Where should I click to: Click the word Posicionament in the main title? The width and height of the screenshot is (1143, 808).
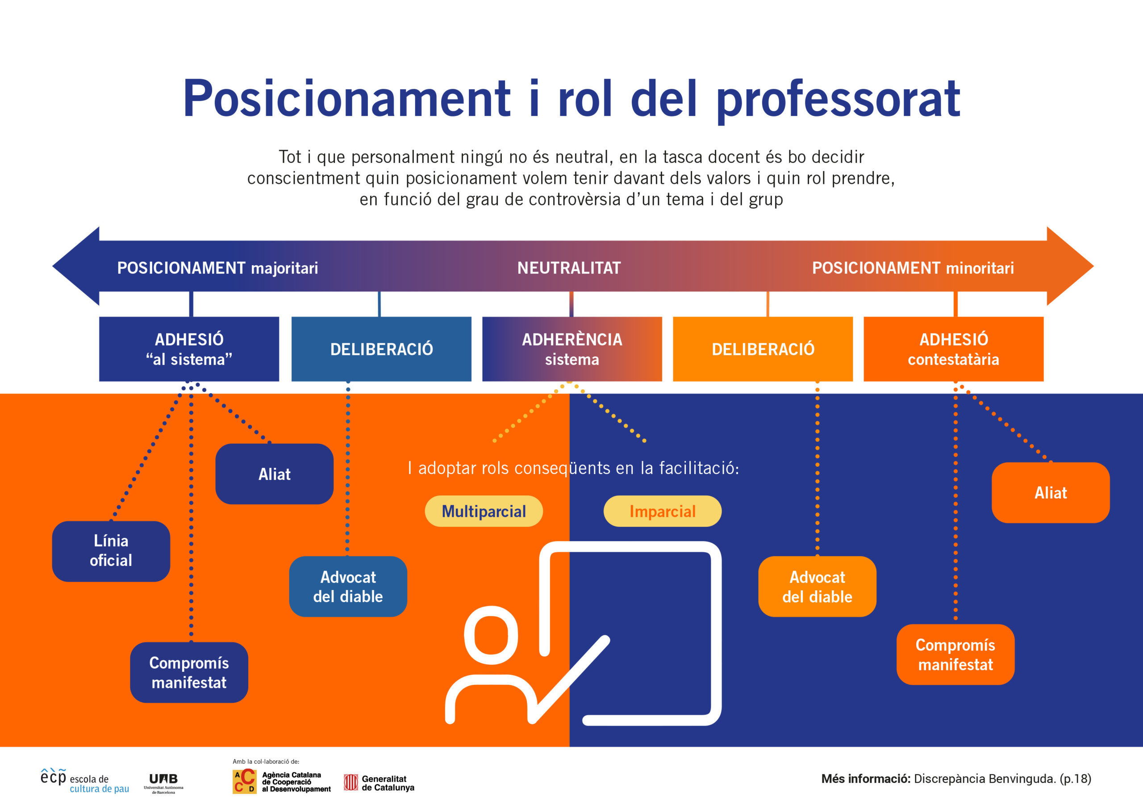click(346, 99)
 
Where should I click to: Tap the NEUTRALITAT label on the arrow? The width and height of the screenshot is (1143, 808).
click(569, 268)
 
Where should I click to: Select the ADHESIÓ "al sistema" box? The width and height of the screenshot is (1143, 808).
click(189, 349)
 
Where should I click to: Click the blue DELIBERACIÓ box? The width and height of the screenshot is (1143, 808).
click(381, 349)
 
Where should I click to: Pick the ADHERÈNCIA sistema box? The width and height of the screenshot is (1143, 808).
click(572, 349)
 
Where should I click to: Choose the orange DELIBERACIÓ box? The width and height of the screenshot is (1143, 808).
click(763, 349)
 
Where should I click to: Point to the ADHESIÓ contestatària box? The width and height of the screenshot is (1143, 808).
click(953, 349)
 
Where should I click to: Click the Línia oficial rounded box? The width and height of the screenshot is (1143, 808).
click(111, 551)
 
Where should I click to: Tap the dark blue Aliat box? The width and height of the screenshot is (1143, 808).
click(274, 474)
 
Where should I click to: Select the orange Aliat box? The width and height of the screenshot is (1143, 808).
click(1051, 492)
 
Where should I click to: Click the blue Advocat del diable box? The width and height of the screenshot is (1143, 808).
click(348, 587)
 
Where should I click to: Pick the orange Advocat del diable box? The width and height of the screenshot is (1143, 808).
click(817, 587)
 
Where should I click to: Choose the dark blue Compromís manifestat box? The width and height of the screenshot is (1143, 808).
click(189, 672)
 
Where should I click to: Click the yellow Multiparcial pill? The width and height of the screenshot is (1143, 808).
click(484, 511)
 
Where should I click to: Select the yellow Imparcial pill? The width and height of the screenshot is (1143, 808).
click(662, 511)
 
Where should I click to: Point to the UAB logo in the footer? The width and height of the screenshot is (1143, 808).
click(163, 783)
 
